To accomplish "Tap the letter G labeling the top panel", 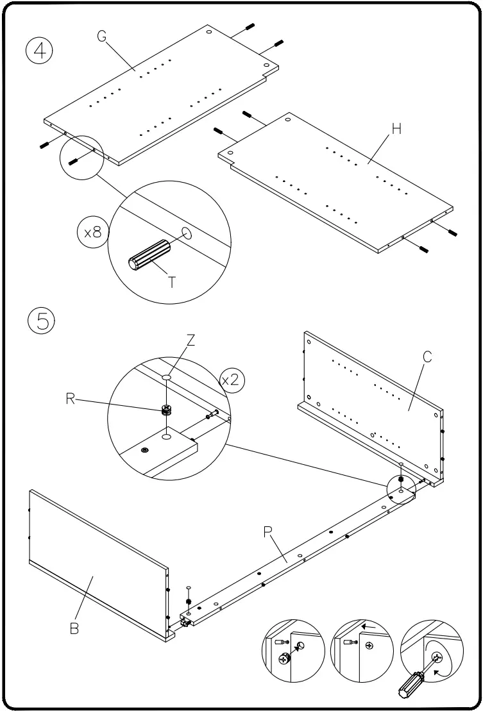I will pos(102,36).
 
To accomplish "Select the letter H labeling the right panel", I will pos(396,129).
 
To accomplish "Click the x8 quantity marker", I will pos(94,232).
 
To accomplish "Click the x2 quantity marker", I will pos(230,380).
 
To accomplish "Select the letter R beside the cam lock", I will pos(71,398).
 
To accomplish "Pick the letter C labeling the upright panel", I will pos(428,358).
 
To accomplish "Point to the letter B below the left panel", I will pos(74,628).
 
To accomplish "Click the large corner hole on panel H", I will pos(287,120).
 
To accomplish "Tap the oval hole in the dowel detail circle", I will pos(187,233).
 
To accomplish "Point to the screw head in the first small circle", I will pos(284,658).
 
